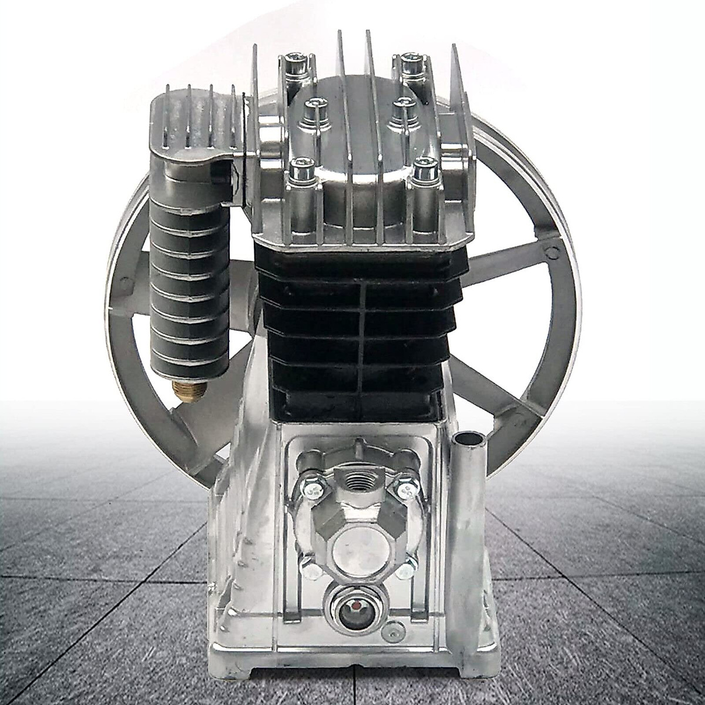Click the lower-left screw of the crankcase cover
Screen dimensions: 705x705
click(x=307, y=568)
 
